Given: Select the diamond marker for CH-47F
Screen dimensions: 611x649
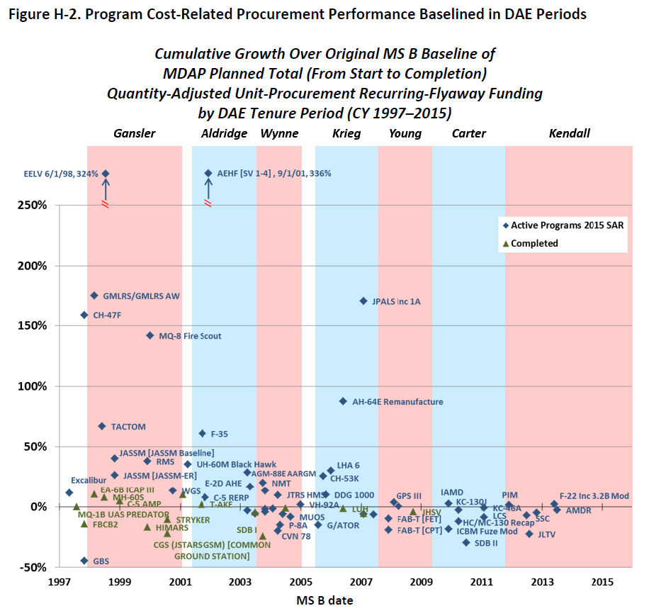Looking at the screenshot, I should pos(84,315).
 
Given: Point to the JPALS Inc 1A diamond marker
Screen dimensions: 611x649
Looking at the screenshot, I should pos(363,301).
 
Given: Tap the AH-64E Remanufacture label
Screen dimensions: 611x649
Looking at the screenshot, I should pos(397,402).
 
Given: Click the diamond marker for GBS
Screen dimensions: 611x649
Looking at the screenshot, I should pos(84,561).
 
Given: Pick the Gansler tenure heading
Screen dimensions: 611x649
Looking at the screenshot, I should pos(135,133).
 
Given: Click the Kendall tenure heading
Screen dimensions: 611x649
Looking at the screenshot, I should pos(569,133).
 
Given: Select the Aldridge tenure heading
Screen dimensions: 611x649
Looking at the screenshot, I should pos(224,133).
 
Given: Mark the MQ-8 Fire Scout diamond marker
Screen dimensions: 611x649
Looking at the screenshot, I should pos(149,335).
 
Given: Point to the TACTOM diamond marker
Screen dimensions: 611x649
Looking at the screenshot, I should pos(102,426).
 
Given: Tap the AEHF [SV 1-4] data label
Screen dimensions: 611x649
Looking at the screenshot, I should pos(273,173).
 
